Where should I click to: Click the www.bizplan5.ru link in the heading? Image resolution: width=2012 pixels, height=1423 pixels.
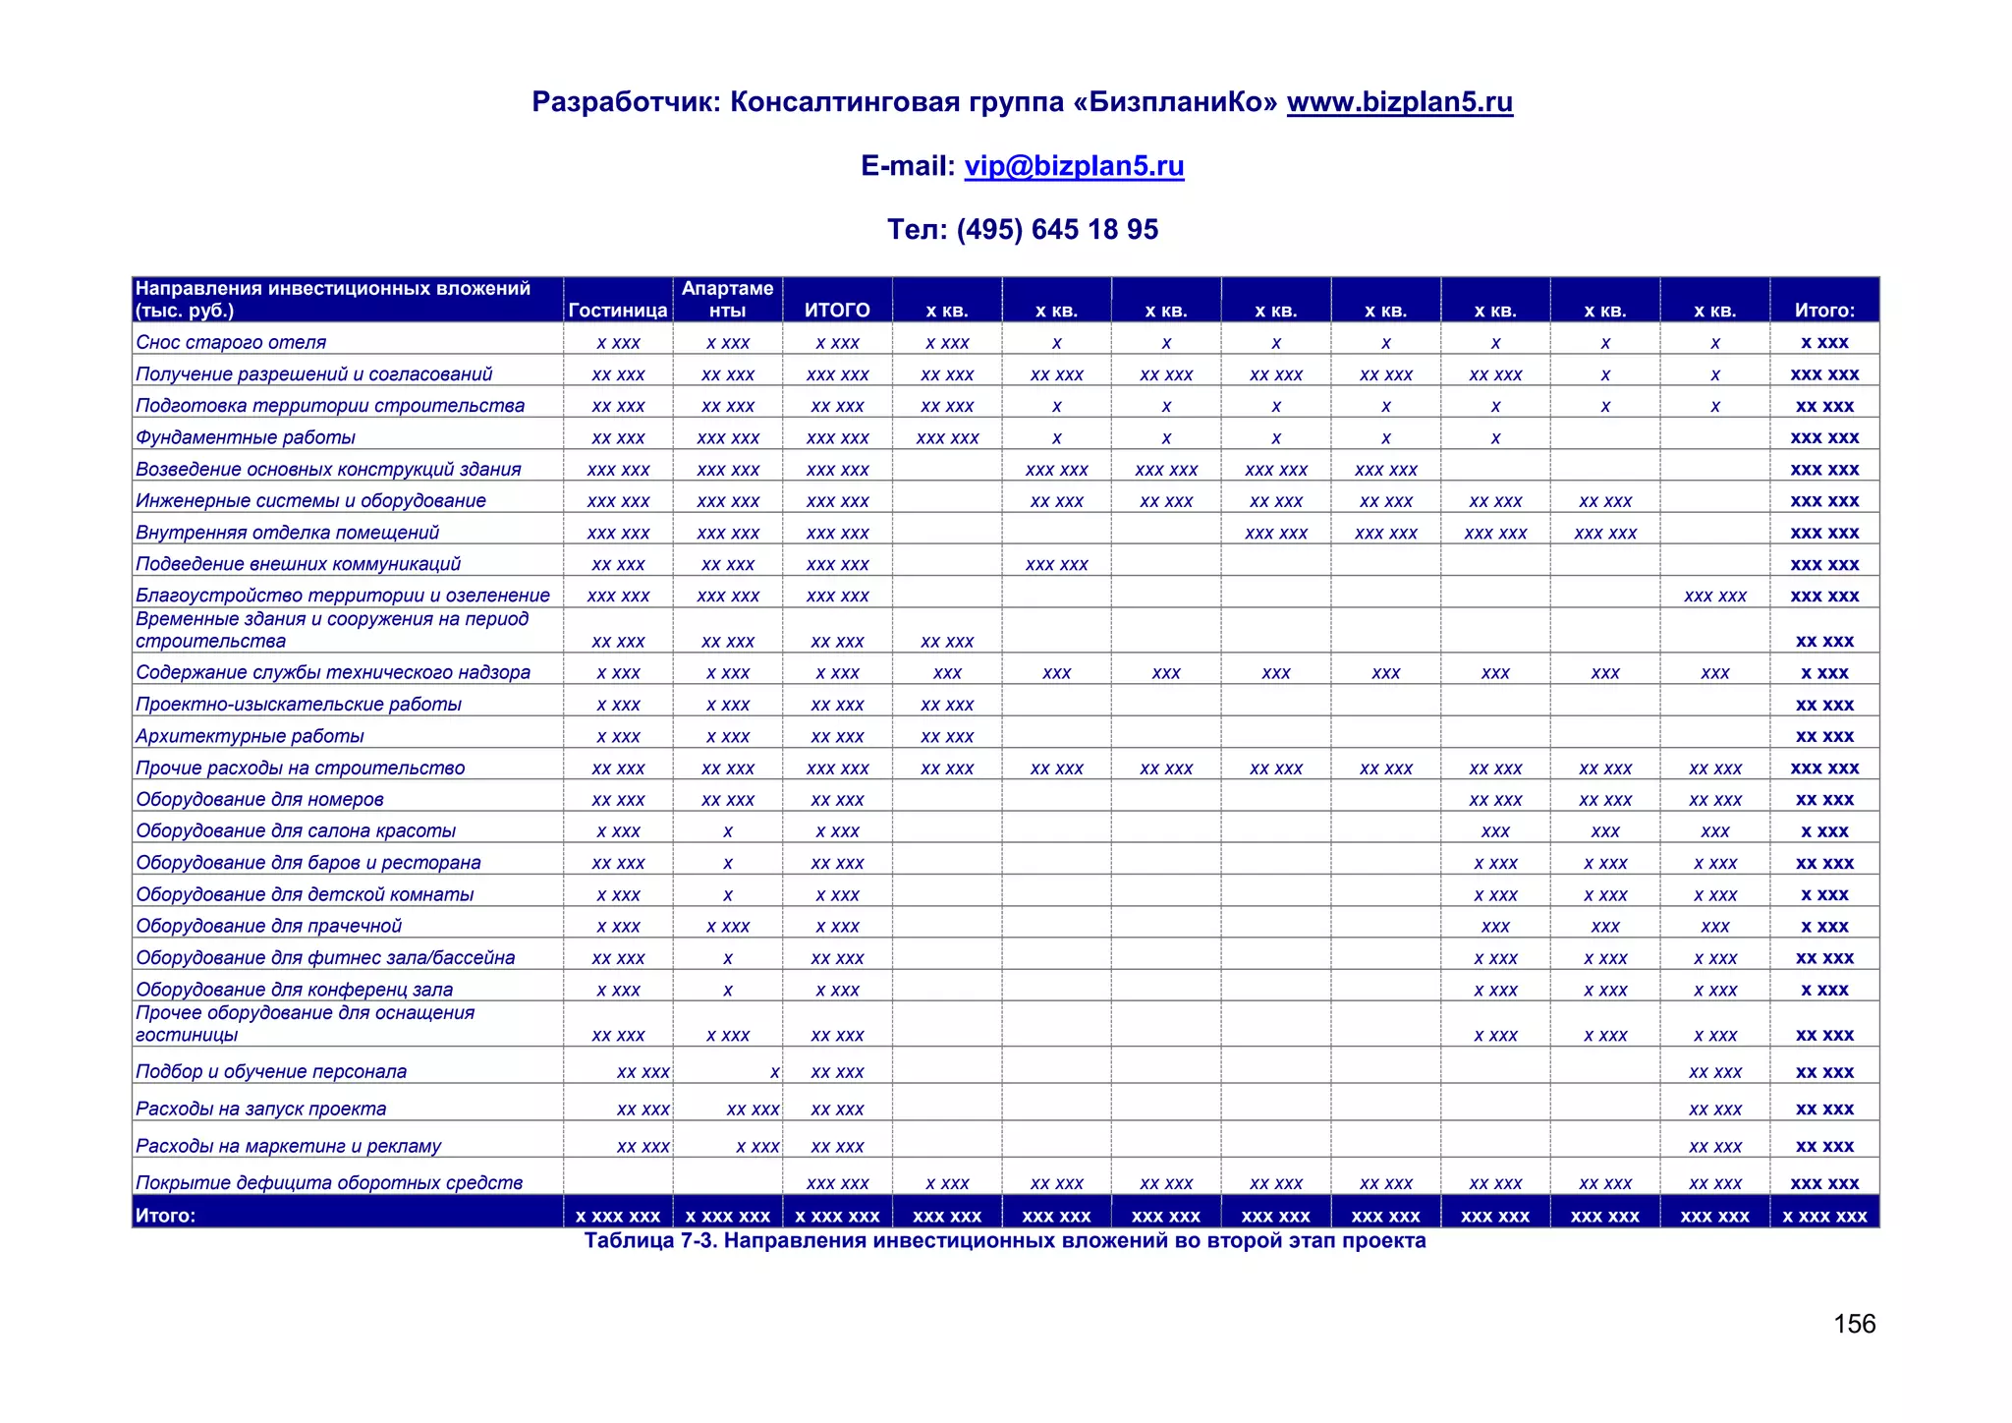click(1399, 102)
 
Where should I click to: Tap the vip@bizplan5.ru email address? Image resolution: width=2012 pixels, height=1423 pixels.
click(1074, 166)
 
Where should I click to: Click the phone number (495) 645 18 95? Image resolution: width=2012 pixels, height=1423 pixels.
click(1057, 230)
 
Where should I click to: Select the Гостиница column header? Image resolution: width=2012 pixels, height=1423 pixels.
click(618, 311)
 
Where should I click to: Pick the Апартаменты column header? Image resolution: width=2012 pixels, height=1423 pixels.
click(727, 300)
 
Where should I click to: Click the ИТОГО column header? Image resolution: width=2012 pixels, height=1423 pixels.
click(837, 311)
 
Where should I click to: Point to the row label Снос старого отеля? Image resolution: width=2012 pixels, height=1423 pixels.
click(231, 342)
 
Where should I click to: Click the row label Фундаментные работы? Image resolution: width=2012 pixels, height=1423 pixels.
click(246, 437)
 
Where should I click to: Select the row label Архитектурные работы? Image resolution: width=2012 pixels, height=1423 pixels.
click(250, 736)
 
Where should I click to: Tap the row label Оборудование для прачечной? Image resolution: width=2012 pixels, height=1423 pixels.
click(268, 926)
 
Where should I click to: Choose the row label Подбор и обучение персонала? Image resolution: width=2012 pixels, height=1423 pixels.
click(271, 1071)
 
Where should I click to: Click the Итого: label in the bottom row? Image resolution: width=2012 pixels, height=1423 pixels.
click(165, 1216)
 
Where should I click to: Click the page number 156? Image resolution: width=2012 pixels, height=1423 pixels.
click(1854, 1324)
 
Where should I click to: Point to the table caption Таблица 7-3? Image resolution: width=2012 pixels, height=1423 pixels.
click(1004, 1241)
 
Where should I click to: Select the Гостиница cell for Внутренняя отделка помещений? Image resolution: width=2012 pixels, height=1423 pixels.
click(618, 533)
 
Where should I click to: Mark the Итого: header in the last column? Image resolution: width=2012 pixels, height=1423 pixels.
click(1824, 311)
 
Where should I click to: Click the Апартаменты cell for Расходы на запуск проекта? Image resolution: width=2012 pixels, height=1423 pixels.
click(753, 1110)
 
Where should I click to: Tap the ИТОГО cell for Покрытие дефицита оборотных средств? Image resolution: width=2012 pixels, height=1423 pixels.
click(837, 1183)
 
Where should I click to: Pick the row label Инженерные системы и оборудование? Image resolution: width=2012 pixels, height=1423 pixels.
click(310, 501)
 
